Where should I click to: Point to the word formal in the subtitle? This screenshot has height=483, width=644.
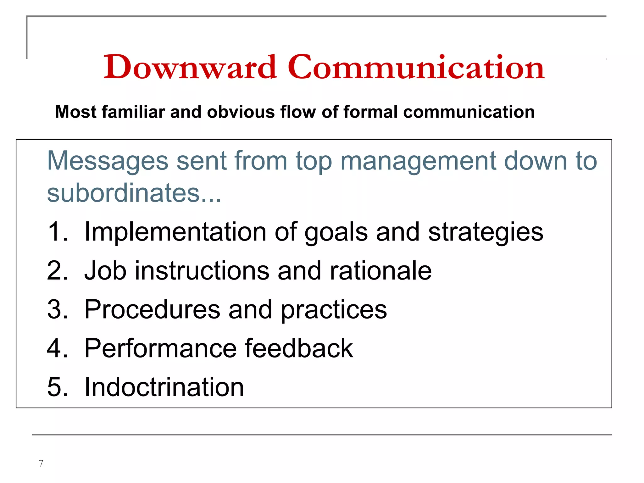[371, 112]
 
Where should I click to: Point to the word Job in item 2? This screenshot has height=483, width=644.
[105, 271]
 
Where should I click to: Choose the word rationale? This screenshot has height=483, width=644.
[380, 271]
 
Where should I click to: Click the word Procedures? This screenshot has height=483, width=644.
[152, 309]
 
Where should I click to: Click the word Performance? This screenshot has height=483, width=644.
[160, 348]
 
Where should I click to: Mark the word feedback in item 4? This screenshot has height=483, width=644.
[299, 348]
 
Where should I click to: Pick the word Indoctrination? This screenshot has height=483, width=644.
[164, 387]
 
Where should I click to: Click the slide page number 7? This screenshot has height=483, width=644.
[41, 463]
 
